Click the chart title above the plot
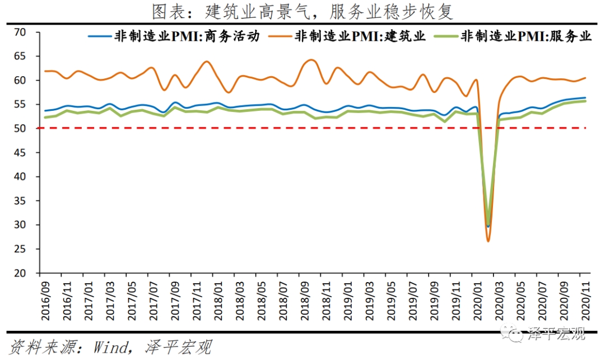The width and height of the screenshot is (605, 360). point(302,11)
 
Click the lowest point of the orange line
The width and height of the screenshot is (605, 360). point(488,241)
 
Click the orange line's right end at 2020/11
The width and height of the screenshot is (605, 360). point(586,78)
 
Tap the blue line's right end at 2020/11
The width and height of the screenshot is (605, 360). point(586,98)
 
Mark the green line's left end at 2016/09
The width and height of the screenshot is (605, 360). point(44,117)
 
